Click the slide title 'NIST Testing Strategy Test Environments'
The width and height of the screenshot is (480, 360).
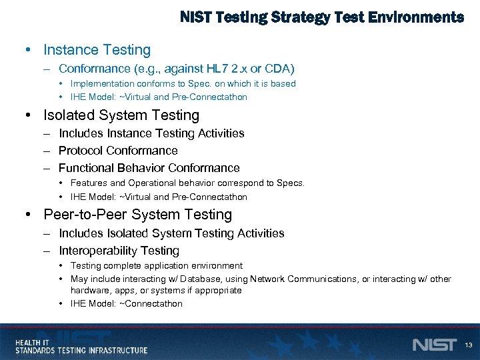pyautogui.click(x=321, y=17)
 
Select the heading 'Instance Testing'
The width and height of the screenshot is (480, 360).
pyautogui.click(x=97, y=50)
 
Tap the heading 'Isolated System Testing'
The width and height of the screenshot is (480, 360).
pyautogui.click(x=121, y=115)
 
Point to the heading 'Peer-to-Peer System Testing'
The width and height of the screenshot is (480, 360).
pyautogui.click(x=137, y=215)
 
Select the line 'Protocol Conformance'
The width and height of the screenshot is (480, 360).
pyautogui.click(x=118, y=151)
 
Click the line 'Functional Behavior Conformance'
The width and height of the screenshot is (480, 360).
pyautogui.click(x=149, y=168)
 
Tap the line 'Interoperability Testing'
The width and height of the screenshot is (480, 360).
pyautogui.click(x=119, y=251)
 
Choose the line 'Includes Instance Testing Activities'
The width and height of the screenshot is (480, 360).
pyautogui.click(x=151, y=133)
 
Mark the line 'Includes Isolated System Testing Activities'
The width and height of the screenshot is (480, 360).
pyautogui.click(x=171, y=233)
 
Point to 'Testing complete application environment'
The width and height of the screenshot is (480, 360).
pyautogui.click(x=156, y=265)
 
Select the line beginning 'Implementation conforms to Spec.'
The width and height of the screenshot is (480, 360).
pyautogui.click(x=183, y=83)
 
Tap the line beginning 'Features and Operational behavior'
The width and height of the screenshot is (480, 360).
pyautogui.click(x=187, y=183)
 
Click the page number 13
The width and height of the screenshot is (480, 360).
pyautogui.click(x=468, y=345)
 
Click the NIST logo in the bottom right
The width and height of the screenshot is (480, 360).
pyautogui.click(x=435, y=345)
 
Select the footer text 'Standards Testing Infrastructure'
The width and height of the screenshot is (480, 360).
pyautogui.click(x=81, y=350)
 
